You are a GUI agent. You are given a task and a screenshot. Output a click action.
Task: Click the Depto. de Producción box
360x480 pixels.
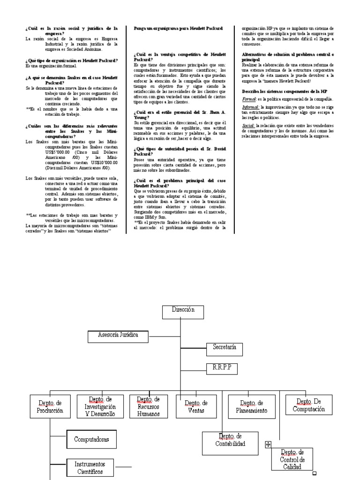pos(49,406)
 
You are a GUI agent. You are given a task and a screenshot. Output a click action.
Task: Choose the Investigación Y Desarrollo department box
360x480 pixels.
pos(100,406)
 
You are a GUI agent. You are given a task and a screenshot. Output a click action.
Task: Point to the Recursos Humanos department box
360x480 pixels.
pos(149,406)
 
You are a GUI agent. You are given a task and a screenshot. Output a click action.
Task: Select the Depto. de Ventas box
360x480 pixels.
pos(196,406)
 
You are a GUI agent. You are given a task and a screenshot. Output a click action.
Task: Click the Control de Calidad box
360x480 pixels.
pos(292,459)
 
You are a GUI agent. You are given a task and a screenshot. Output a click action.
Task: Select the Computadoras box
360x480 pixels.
pos(91,440)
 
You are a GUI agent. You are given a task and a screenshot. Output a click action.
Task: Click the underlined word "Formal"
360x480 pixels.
pos(248,99)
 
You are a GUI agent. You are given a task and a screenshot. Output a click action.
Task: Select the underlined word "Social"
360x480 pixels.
pos(248,126)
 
